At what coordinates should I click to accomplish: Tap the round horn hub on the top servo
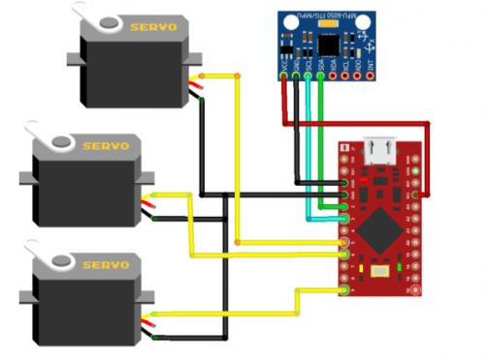(108, 24)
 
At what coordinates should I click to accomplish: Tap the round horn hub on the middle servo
(61, 142)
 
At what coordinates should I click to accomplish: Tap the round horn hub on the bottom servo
(60, 261)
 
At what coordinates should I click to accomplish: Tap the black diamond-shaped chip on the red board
(380, 230)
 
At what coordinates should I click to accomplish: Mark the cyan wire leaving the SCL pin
(308, 145)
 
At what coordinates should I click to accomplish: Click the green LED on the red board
(360, 267)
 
